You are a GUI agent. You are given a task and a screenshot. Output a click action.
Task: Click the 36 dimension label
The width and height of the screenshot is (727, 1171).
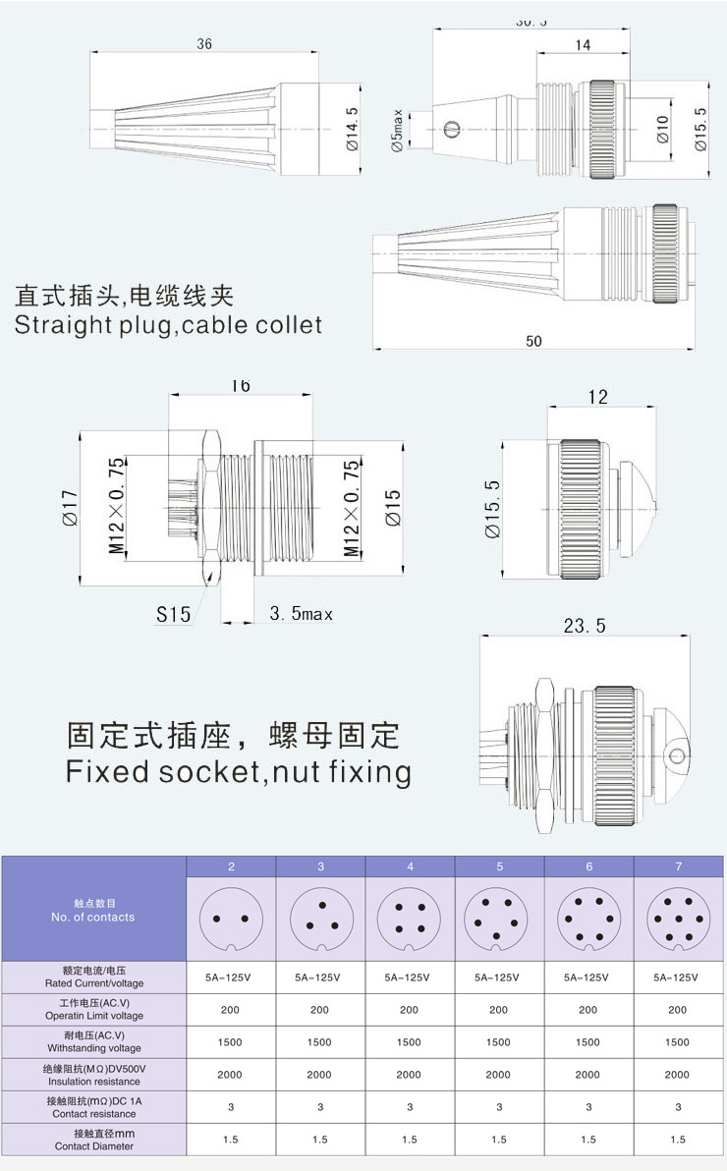pyautogui.click(x=204, y=43)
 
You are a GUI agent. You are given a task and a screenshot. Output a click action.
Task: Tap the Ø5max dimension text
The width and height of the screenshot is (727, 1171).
pyautogui.click(x=398, y=130)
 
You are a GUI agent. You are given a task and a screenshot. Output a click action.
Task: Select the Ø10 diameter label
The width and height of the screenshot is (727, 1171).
pyautogui.click(x=662, y=129)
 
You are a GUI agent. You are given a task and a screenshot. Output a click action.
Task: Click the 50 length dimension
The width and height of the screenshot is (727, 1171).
pyautogui.click(x=533, y=341)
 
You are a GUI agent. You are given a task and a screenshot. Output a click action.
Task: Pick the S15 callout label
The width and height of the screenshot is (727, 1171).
pyautogui.click(x=173, y=614)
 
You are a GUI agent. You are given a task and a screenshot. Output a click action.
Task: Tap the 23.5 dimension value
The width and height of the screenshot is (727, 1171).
pyautogui.click(x=586, y=625)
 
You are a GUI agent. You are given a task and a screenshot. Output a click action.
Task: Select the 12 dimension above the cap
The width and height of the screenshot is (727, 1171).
pyautogui.click(x=597, y=397)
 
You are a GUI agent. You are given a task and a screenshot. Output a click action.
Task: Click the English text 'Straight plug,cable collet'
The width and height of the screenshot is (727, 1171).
pyautogui.click(x=168, y=325)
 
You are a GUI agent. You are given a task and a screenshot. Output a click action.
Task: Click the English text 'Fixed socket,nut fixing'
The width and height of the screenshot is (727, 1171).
pyautogui.click(x=239, y=771)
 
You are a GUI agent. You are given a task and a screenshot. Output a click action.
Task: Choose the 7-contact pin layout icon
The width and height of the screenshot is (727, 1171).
pyautogui.click(x=678, y=920)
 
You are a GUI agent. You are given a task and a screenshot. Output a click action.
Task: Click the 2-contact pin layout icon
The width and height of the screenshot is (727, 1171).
pyautogui.click(x=231, y=920)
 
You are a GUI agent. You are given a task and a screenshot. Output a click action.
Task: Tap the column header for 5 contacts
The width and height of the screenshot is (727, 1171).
pyautogui.click(x=499, y=866)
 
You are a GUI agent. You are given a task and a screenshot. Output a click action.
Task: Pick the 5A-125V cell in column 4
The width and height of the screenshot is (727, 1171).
pyautogui.click(x=410, y=977)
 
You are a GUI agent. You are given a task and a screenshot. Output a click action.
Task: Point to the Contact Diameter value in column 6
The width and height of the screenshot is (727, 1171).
pyautogui.click(x=588, y=1140)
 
